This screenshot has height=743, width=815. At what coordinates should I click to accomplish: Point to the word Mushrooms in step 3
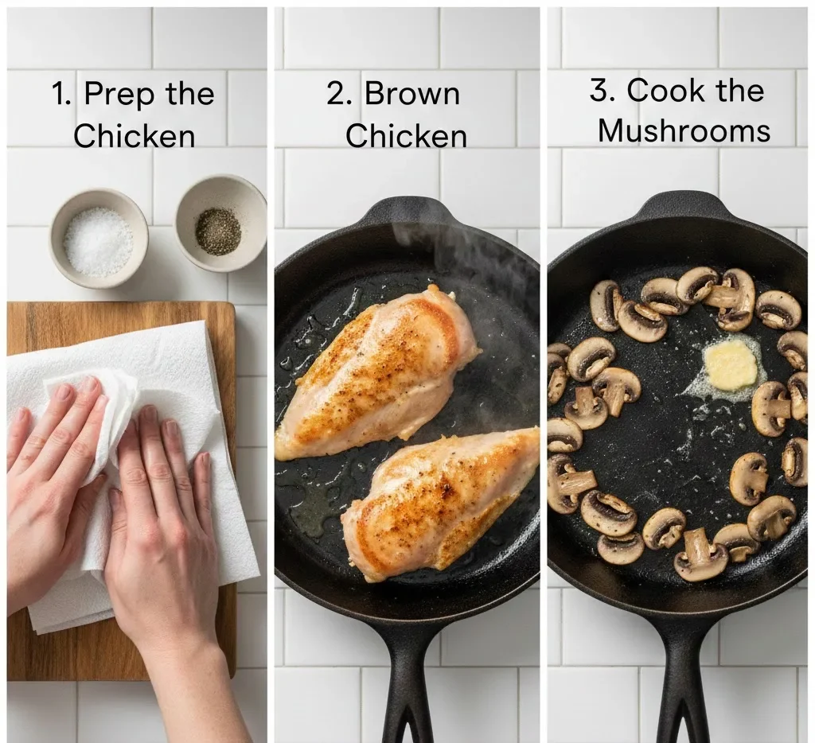684,131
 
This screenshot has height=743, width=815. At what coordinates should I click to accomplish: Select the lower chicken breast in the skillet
442,501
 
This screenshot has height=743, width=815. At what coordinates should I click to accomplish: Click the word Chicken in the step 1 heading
134,136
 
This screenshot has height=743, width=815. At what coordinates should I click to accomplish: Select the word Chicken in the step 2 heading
406,136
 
